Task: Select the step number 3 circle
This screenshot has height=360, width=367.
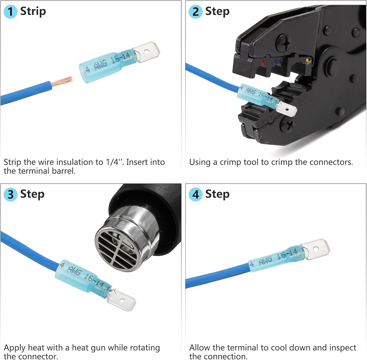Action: [10, 194]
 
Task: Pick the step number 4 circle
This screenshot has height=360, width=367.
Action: [195, 194]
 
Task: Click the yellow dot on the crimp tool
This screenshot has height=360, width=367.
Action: [308, 60]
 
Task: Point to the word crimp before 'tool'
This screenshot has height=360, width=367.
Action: [230, 162]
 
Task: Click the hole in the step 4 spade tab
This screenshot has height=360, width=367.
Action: [316, 249]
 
